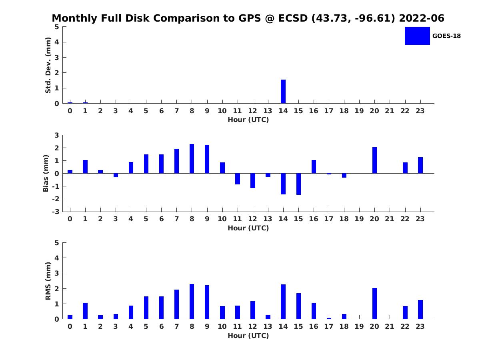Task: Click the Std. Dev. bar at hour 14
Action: (283, 91)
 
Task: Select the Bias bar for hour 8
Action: (192, 159)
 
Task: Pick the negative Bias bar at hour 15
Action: (298, 184)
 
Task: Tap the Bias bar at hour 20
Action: (374, 160)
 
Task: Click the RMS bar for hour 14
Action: (283, 302)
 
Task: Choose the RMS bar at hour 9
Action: (207, 302)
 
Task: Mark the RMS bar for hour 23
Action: (420, 310)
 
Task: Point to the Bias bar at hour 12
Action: (253, 181)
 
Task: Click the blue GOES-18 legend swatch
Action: (417, 36)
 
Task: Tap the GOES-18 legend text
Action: (446, 36)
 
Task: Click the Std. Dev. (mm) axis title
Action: (48, 65)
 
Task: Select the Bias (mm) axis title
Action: (46, 173)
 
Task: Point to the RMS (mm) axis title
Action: (48, 281)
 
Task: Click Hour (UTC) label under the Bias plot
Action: (248, 228)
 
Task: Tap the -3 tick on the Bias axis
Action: (56, 212)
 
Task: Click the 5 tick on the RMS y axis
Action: (57, 243)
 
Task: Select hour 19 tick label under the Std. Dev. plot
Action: (359, 111)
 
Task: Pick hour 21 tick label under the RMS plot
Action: (390, 326)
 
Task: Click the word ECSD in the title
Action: (293, 18)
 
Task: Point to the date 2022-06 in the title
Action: (421, 18)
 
